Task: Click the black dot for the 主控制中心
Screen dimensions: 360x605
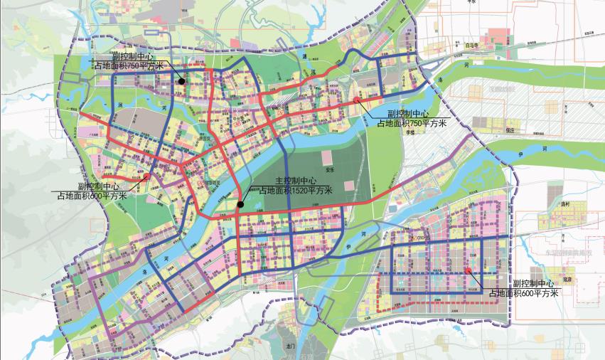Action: (240, 205)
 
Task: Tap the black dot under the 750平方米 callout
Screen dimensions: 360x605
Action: (182, 82)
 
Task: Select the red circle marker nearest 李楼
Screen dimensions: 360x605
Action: (356, 101)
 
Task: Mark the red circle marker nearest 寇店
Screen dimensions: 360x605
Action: (467, 271)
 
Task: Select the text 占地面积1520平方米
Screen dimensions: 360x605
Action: (296, 191)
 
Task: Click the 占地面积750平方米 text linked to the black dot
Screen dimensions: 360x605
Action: (130, 65)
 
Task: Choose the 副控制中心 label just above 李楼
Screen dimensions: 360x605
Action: (408, 114)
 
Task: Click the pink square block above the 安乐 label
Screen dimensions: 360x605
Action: (349, 185)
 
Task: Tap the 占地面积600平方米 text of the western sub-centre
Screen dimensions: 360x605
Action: (92, 194)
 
